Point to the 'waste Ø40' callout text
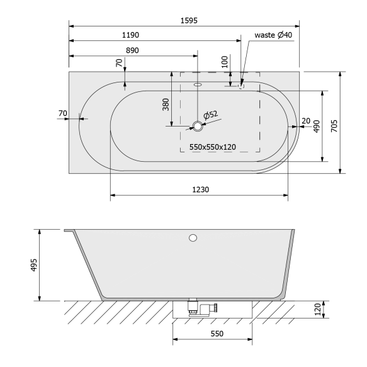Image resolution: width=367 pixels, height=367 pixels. [273, 35]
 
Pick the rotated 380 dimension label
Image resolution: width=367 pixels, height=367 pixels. [166, 104]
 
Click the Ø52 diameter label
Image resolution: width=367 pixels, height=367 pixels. [210, 115]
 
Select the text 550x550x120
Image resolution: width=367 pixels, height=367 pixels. [212, 147]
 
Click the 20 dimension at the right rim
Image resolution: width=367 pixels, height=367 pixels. [305, 120]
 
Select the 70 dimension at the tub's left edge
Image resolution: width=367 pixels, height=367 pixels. [62, 113]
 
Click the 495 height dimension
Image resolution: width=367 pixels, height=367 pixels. [33, 265]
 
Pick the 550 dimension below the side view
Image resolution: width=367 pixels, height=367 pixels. [217, 334]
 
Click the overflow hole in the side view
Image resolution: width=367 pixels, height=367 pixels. [193, 238]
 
